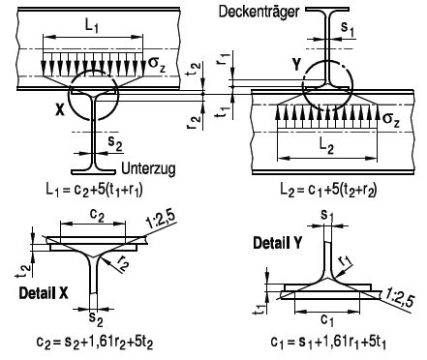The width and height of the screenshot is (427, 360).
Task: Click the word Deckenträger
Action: [259, 12]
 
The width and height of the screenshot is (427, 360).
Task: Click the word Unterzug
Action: [149, 168]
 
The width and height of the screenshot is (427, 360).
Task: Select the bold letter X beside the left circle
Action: [60, 111]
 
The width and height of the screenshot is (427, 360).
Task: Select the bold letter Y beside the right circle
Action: [296, 65]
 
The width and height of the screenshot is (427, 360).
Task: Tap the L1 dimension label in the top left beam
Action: [92, 25]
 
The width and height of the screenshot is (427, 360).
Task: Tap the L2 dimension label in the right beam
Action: [327, 146]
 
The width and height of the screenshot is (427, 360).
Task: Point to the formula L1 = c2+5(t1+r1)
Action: [94, 190]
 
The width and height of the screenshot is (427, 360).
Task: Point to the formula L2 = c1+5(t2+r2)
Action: [328, 190]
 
